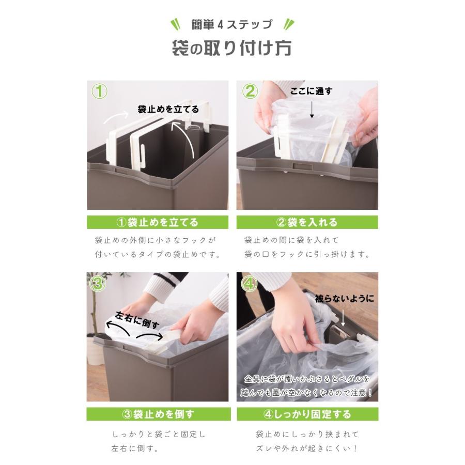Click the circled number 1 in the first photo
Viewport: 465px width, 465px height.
(100, 92)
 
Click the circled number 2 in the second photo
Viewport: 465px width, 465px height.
(250, 91)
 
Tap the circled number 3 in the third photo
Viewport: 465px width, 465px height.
(98, 283)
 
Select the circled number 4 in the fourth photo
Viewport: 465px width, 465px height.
(249, 283)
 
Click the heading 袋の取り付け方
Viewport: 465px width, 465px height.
(232, 48)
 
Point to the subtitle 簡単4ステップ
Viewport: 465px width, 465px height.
(232, 24)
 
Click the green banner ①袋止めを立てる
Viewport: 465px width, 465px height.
(158, 223)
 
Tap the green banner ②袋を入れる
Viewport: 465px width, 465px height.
(307, 223)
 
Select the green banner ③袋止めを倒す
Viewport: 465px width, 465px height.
(158, 414)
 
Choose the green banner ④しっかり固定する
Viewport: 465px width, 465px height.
(307, 414)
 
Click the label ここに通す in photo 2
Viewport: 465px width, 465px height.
(311, 91)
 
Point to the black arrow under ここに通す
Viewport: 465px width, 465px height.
(312, 109)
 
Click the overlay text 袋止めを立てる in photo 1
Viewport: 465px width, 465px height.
(168, 109)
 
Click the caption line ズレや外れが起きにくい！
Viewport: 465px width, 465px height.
(307, 448)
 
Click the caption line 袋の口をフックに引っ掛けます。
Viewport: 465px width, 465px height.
(307, 255)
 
